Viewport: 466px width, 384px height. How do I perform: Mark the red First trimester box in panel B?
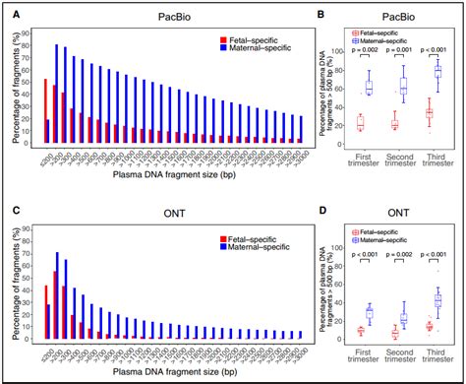pyautogui.click(x=360, y=123)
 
